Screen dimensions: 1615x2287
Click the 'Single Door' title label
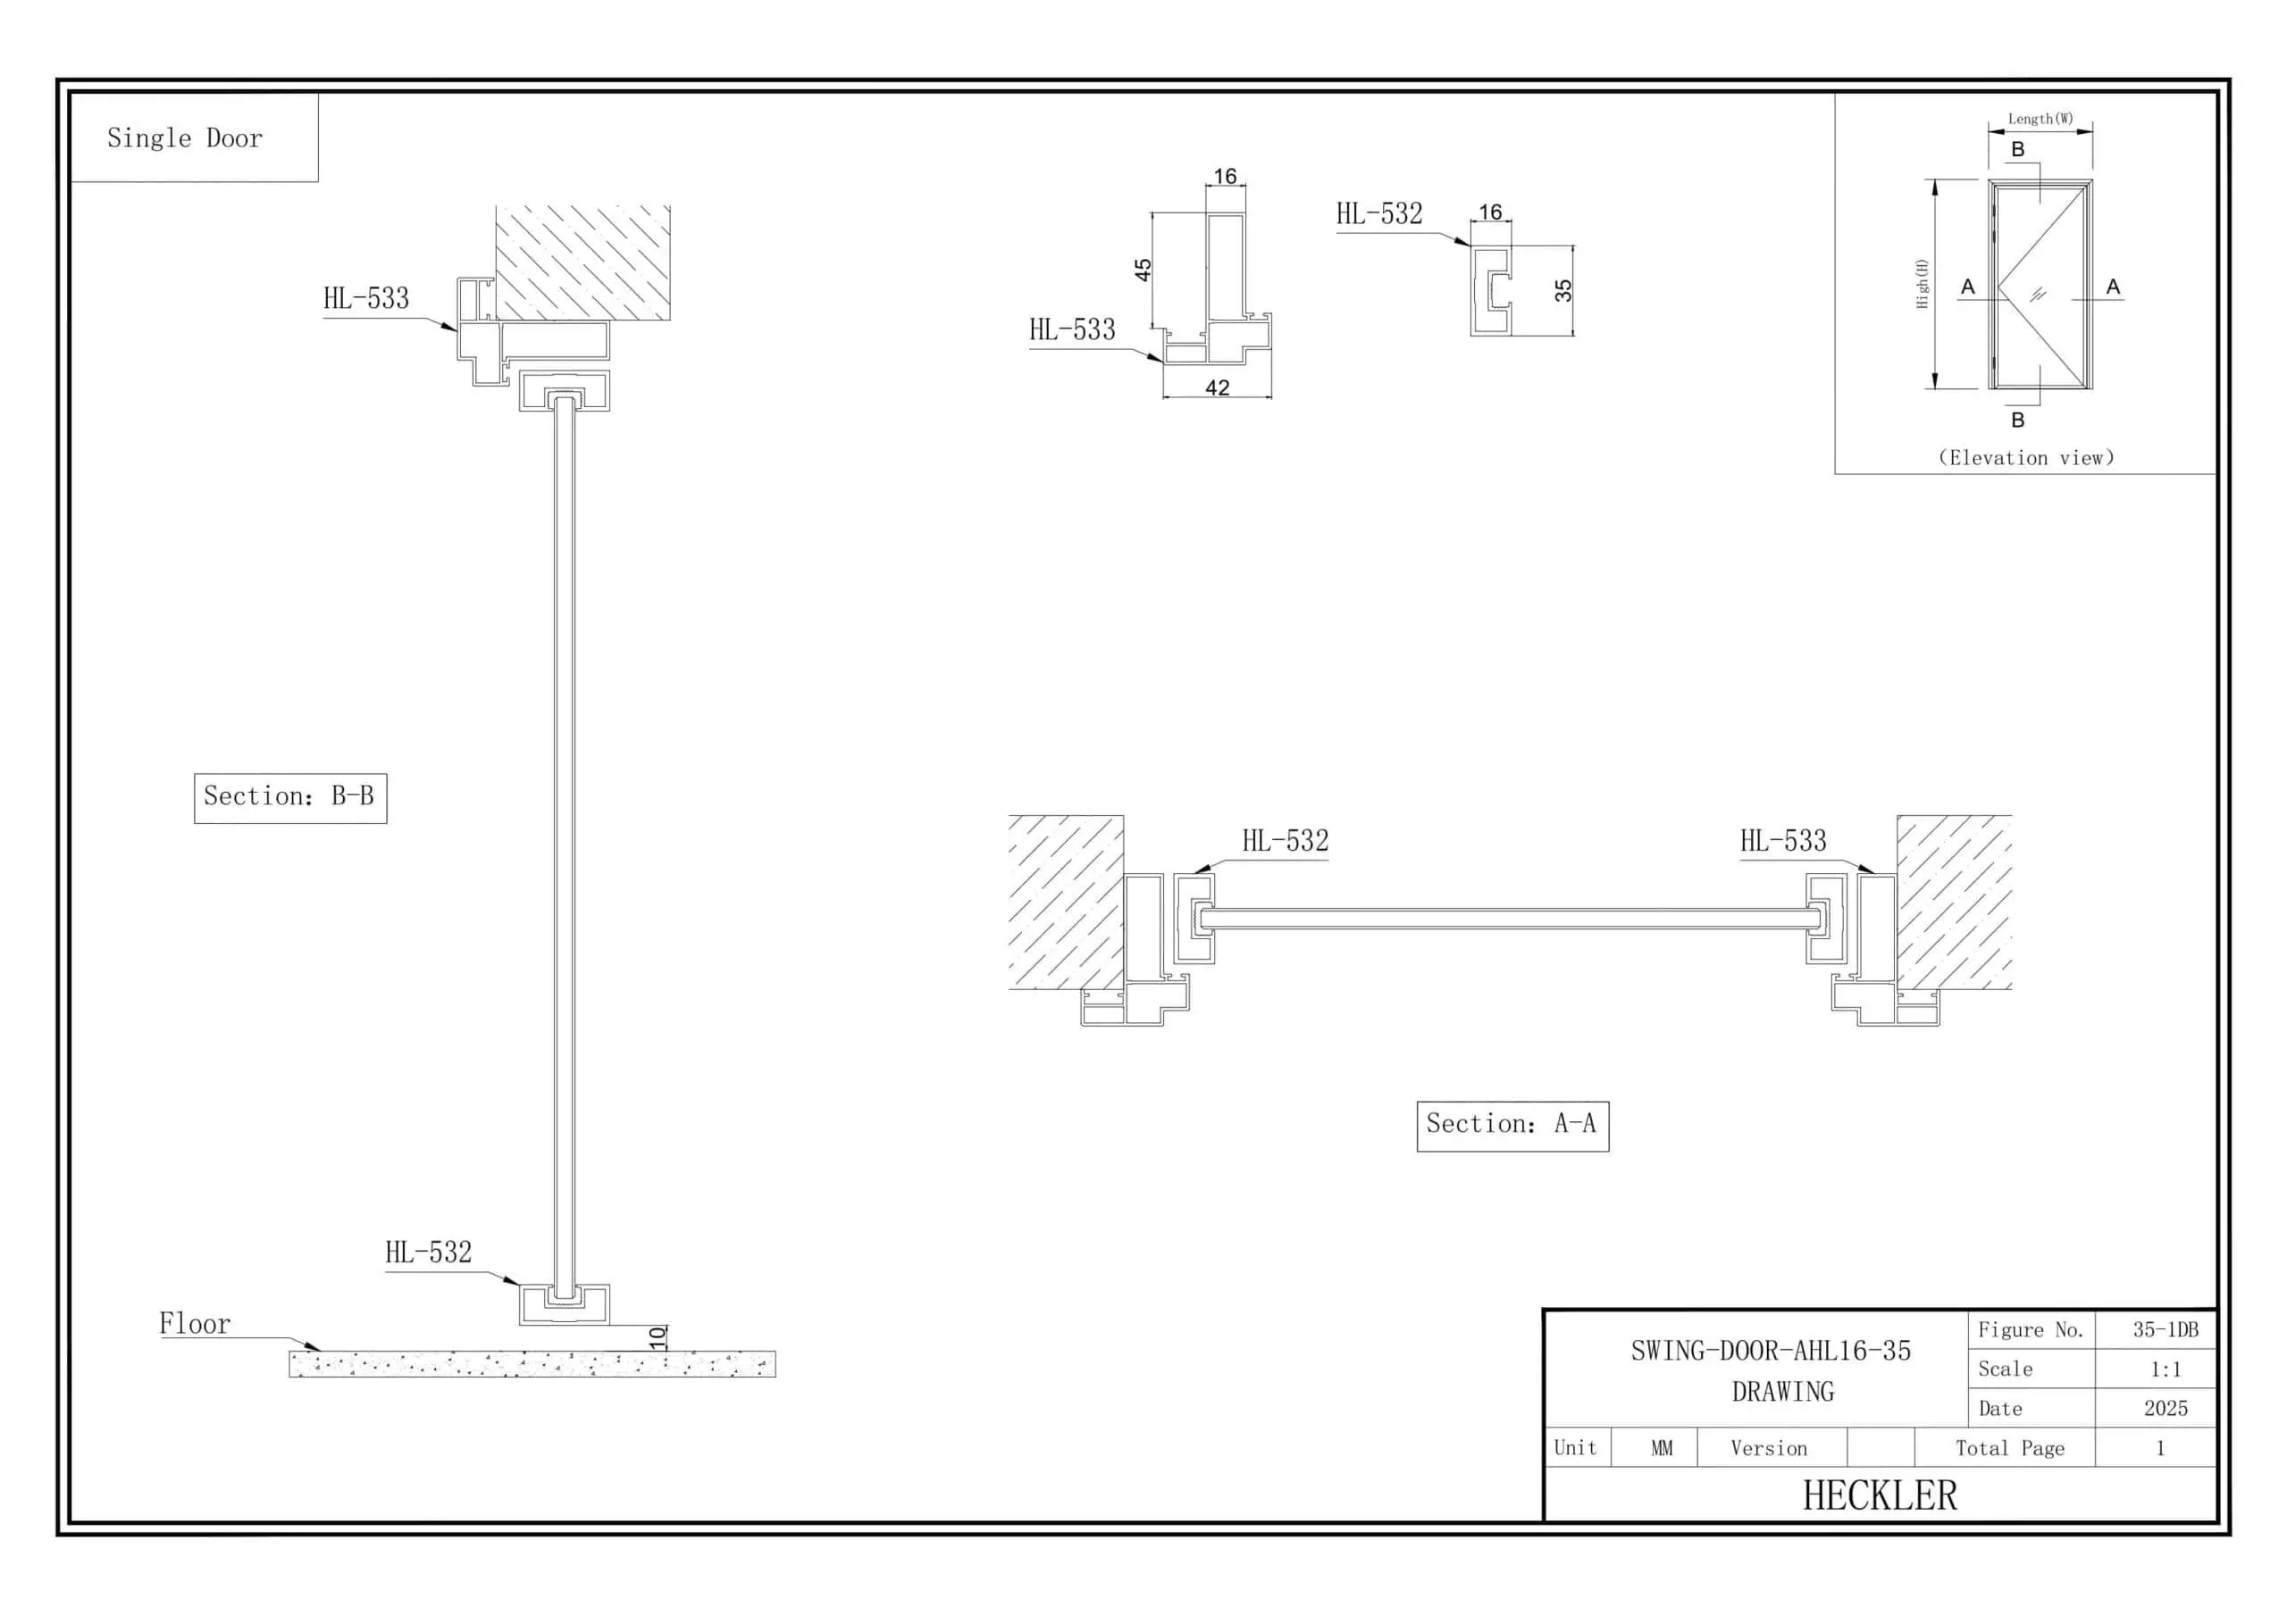[x=184, y=138]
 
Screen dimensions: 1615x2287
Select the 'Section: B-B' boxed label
[x=289, y=796]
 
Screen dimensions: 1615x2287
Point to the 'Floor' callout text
[x=196, y=1324]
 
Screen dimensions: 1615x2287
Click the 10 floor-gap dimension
[x=658, y=1337]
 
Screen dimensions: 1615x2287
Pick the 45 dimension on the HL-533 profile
[x=1143, y=270]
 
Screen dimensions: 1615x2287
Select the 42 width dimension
[x=1218, y=387]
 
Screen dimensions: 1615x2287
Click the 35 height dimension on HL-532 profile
[x=1562, y=291]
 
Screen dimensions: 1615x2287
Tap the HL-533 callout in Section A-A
[x=1783, y=841]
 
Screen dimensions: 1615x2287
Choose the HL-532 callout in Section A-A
[x=1285, y=841]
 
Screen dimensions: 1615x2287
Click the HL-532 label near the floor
[x=428, y=1253]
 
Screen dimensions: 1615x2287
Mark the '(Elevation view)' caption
[x=2026, y=458]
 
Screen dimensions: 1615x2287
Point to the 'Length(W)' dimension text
[x=2040, y=119]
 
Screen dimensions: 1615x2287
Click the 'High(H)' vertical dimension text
[x=1922, y=284]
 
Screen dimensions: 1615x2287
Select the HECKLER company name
[x=1880, y=1495]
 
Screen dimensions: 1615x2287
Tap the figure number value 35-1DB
[x=2166, y=1330]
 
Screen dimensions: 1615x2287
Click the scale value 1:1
[x=2166, y=1369]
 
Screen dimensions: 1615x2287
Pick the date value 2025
[x=2166, y=1409]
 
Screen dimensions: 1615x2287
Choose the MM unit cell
[x=1662, y=1449]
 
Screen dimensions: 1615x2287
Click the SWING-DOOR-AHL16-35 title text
[x=1771, y=1351]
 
